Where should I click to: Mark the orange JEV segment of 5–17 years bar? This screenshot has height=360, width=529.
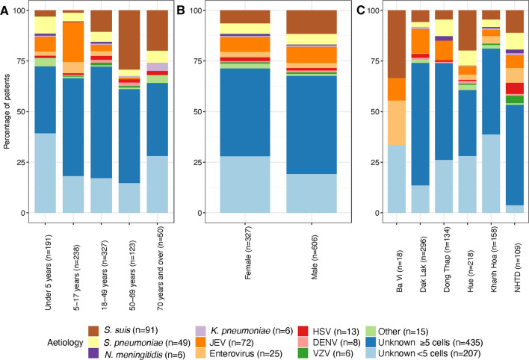click(x=72, y=42)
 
